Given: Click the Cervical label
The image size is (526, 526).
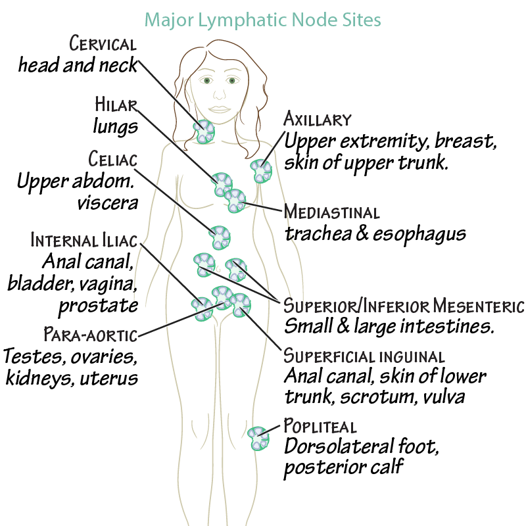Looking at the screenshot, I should [103, 45].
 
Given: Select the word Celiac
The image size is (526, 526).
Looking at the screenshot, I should [112, 159].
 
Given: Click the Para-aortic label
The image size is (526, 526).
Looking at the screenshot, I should [90, 335].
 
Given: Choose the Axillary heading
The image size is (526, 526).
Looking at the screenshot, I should [317, 120].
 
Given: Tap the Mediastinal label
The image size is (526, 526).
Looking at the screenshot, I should [331, 213].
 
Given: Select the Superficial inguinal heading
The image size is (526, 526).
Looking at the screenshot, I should [364, 356].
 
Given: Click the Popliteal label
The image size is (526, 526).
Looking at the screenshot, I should [320, 426].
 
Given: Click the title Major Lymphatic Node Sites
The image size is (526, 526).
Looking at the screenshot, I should [263, 20].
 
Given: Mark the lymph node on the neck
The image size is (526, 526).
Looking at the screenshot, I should [203, 131].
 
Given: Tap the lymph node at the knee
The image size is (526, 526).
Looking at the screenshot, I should [259, 438].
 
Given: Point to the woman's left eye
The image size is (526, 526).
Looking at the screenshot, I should [231, 81].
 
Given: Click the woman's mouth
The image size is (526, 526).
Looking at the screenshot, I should [218, 110].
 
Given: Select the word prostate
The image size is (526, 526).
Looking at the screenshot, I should [98, 306].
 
